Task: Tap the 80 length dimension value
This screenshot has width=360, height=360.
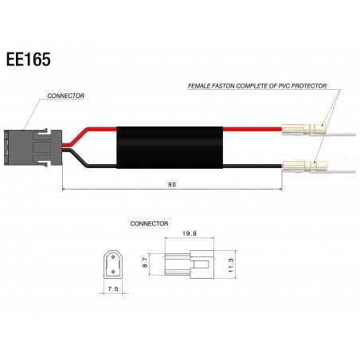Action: click(x=173, y=185)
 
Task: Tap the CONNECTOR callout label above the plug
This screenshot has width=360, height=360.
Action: click(x=66, y=96)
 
